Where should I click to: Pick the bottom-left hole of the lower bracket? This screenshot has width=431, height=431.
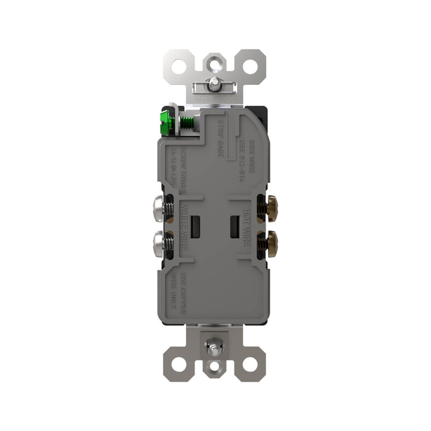pos(178,364)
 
